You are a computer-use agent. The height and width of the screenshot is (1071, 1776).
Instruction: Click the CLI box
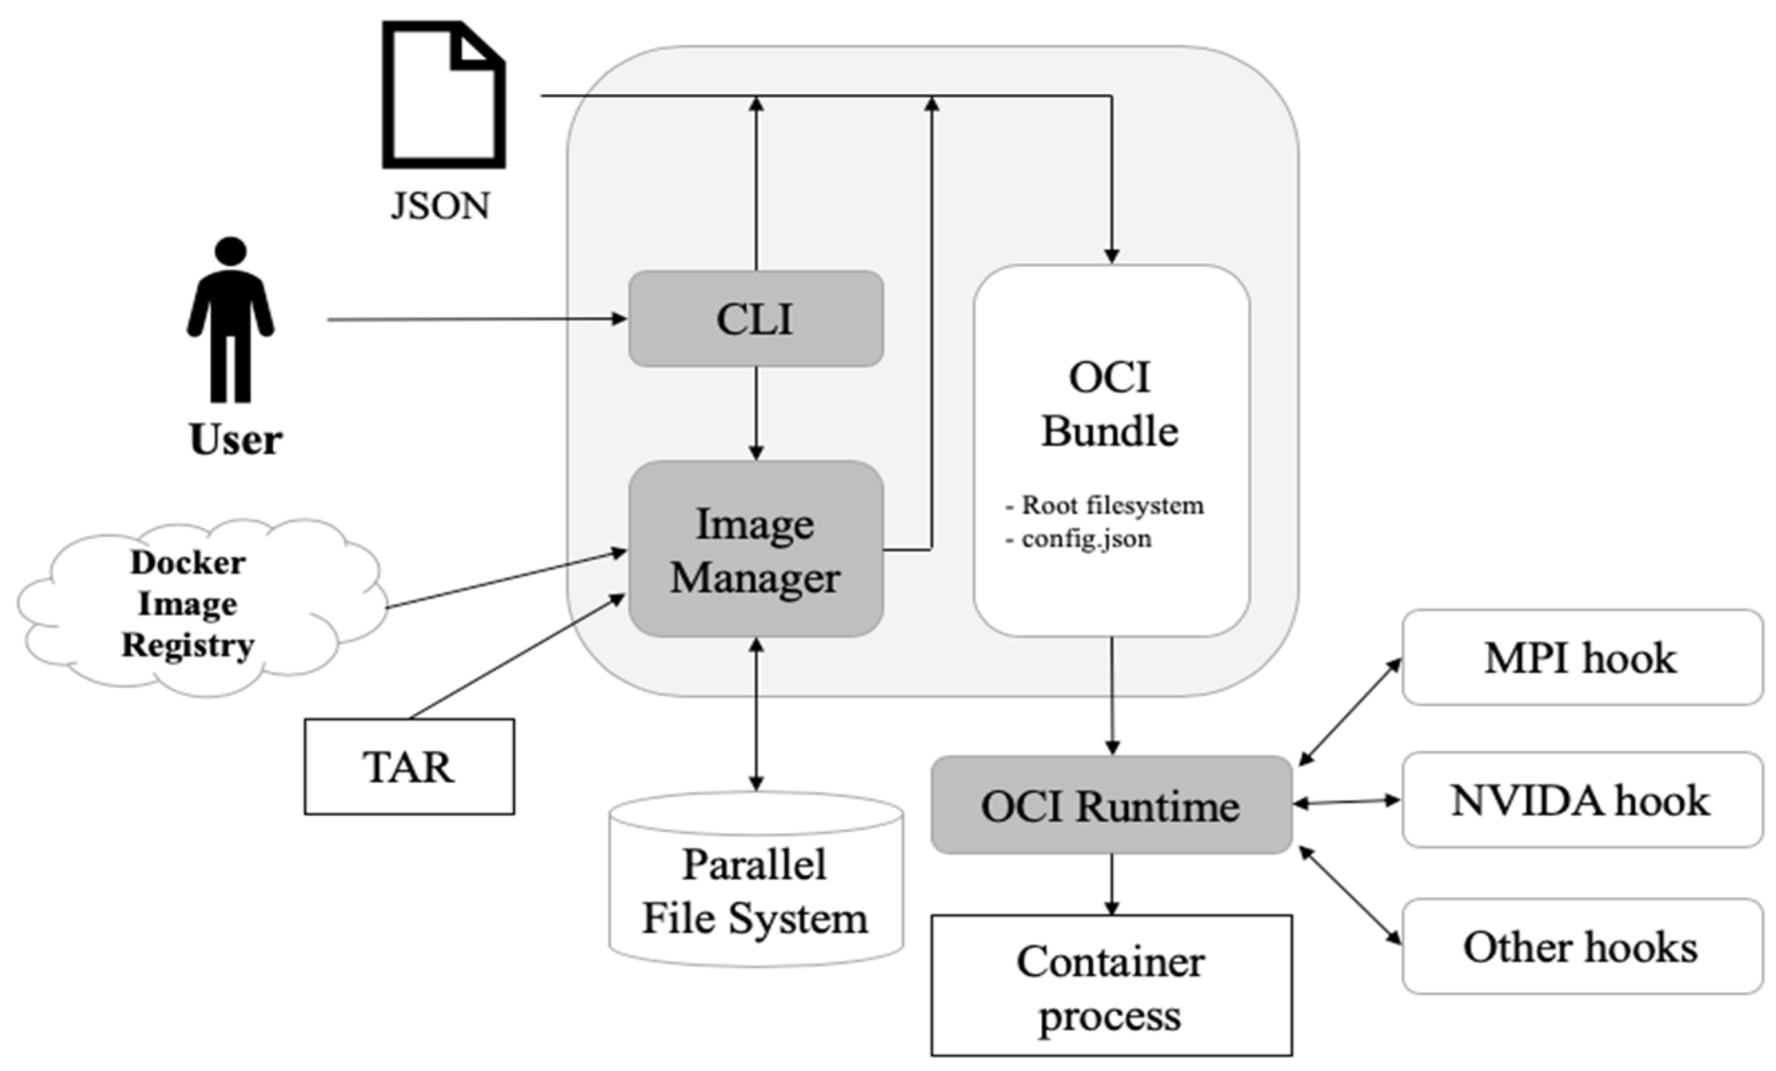tap(756, 319)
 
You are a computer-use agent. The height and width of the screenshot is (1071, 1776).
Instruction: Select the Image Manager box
tap(756, 550)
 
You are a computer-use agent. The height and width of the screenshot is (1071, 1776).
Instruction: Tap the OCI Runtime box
tap(1110, 805)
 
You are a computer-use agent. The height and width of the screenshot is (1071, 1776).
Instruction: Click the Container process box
tap(1110, 985)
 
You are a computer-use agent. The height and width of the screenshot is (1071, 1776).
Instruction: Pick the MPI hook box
tap(1581, 658)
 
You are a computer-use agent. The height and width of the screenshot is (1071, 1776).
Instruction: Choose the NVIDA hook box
tap(1581, 800)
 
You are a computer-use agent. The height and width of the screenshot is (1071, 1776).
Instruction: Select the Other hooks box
tap(1581, 946)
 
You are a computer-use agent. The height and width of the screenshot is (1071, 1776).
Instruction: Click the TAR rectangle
tap(409, 767)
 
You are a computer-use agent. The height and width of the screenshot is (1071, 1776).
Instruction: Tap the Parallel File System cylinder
tap(756, 890)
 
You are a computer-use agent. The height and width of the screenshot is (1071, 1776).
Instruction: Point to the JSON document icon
tap(443, 95)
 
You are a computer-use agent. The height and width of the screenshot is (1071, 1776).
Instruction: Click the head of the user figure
tap(231, 251)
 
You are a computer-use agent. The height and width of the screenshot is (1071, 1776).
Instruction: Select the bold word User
tap(235, 439)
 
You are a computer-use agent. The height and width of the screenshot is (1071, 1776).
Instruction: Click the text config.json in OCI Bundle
tap(1086, 539)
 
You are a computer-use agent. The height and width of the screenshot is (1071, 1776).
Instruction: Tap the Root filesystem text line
tap(1112, 505)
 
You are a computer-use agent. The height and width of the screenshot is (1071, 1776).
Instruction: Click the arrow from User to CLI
tap(476, 319)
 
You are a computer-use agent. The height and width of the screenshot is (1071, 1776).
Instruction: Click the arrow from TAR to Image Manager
tap(516, 657)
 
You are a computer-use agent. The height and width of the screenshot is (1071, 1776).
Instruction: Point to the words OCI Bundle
tap(1110, 405)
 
